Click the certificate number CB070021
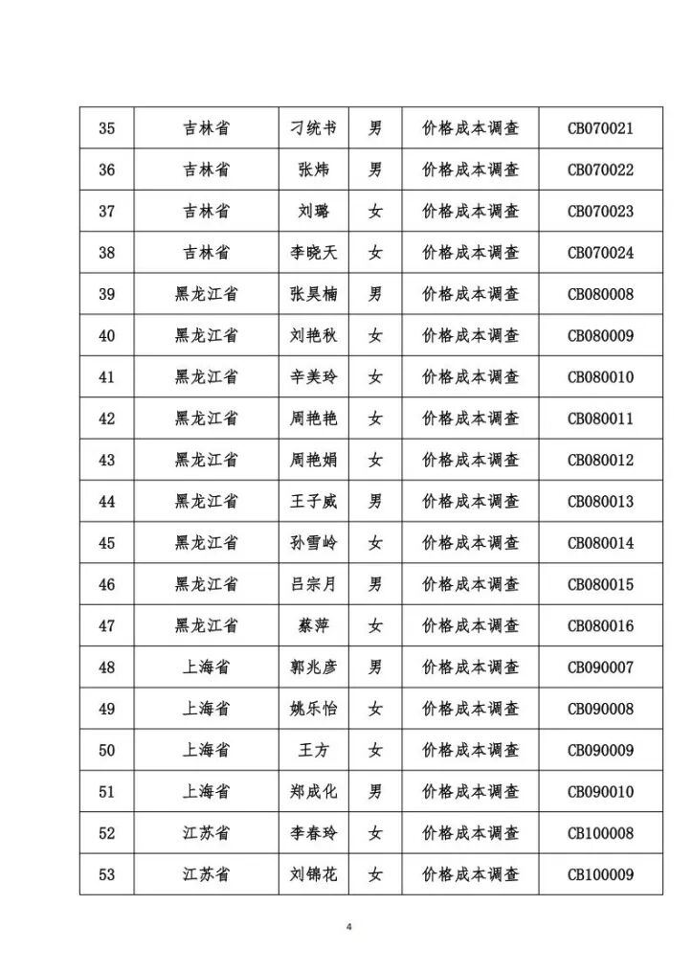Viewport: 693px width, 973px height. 600,128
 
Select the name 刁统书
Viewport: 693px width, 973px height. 313,128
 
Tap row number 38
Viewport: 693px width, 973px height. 107,253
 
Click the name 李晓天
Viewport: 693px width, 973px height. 313,253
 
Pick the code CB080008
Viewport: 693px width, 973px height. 600,294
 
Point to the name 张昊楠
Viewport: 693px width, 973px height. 313,294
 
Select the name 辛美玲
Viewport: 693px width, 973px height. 313,377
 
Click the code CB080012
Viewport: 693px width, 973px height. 600,460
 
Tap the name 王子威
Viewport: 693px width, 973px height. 313,501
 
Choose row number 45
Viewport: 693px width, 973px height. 107,543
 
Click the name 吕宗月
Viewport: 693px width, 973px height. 313,584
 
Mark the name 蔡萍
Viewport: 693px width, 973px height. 313,625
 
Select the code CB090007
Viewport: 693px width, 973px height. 600,668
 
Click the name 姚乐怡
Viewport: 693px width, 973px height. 313,709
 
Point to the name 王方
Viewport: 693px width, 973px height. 313,750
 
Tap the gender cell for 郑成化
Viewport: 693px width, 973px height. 375,792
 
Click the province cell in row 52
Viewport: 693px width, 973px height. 206,833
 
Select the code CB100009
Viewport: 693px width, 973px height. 600,874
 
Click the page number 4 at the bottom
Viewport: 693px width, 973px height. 349,927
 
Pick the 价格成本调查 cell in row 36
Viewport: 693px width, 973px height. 470,170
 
